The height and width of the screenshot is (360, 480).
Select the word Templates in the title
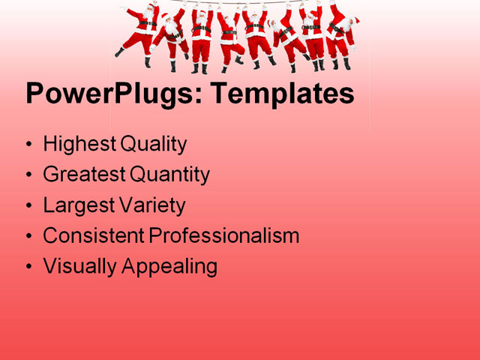[282, 95]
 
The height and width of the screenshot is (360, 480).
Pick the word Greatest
[83, 175]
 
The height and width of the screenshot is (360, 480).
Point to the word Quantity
[169, 175]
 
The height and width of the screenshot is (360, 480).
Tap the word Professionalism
[223, 235]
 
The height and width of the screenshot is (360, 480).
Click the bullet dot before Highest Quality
[28, 145]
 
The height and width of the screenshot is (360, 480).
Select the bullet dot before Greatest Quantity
[28, 175]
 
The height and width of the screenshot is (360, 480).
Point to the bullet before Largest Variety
[28, 205]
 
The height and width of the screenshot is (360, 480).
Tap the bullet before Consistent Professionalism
[28, 236]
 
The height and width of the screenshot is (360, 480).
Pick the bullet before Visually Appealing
[28, 267]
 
